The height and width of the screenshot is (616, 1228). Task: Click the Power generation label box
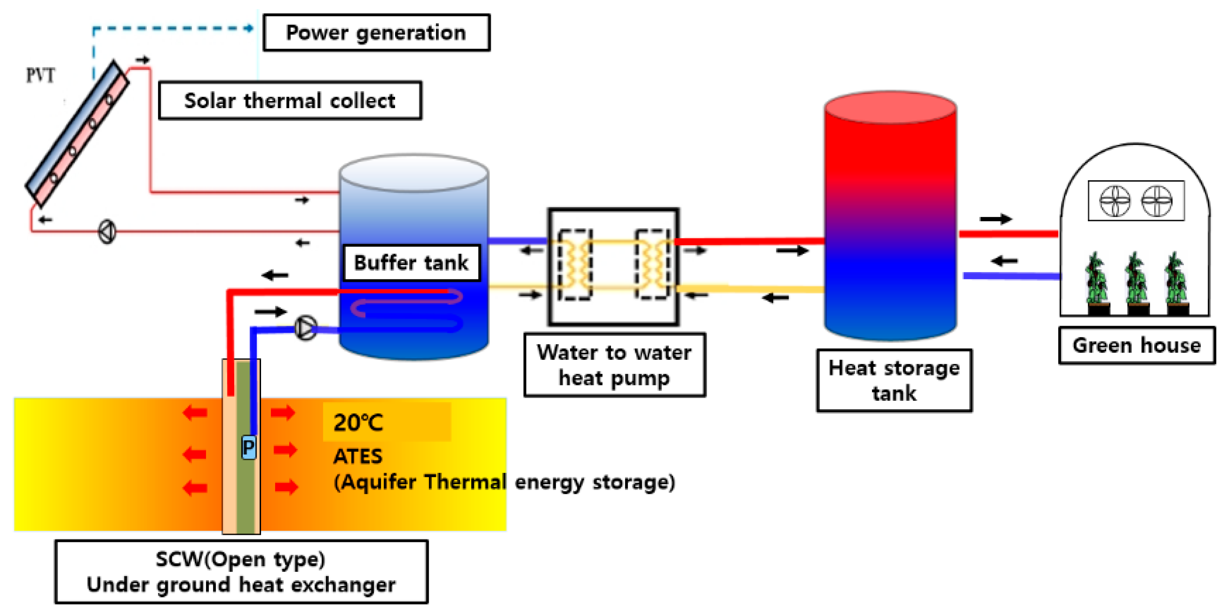tap(376, 32)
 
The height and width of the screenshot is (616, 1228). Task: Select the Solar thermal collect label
tap(290, 101)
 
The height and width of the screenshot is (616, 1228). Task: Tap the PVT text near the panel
tap(40, 75)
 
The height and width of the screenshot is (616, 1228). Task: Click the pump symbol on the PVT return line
tap(107, 232)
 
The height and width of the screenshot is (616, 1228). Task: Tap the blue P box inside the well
tap(248, 447)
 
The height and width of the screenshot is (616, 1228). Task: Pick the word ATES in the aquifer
tap(358, 456)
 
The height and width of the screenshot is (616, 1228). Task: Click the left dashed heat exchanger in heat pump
tap(575, 265)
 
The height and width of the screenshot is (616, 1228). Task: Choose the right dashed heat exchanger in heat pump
tap(652, 265)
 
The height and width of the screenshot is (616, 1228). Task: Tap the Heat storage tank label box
tap(894, 380)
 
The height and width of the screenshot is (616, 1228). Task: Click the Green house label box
tap(1136, 345)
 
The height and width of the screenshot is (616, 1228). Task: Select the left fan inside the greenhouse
tap(1115, 201)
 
